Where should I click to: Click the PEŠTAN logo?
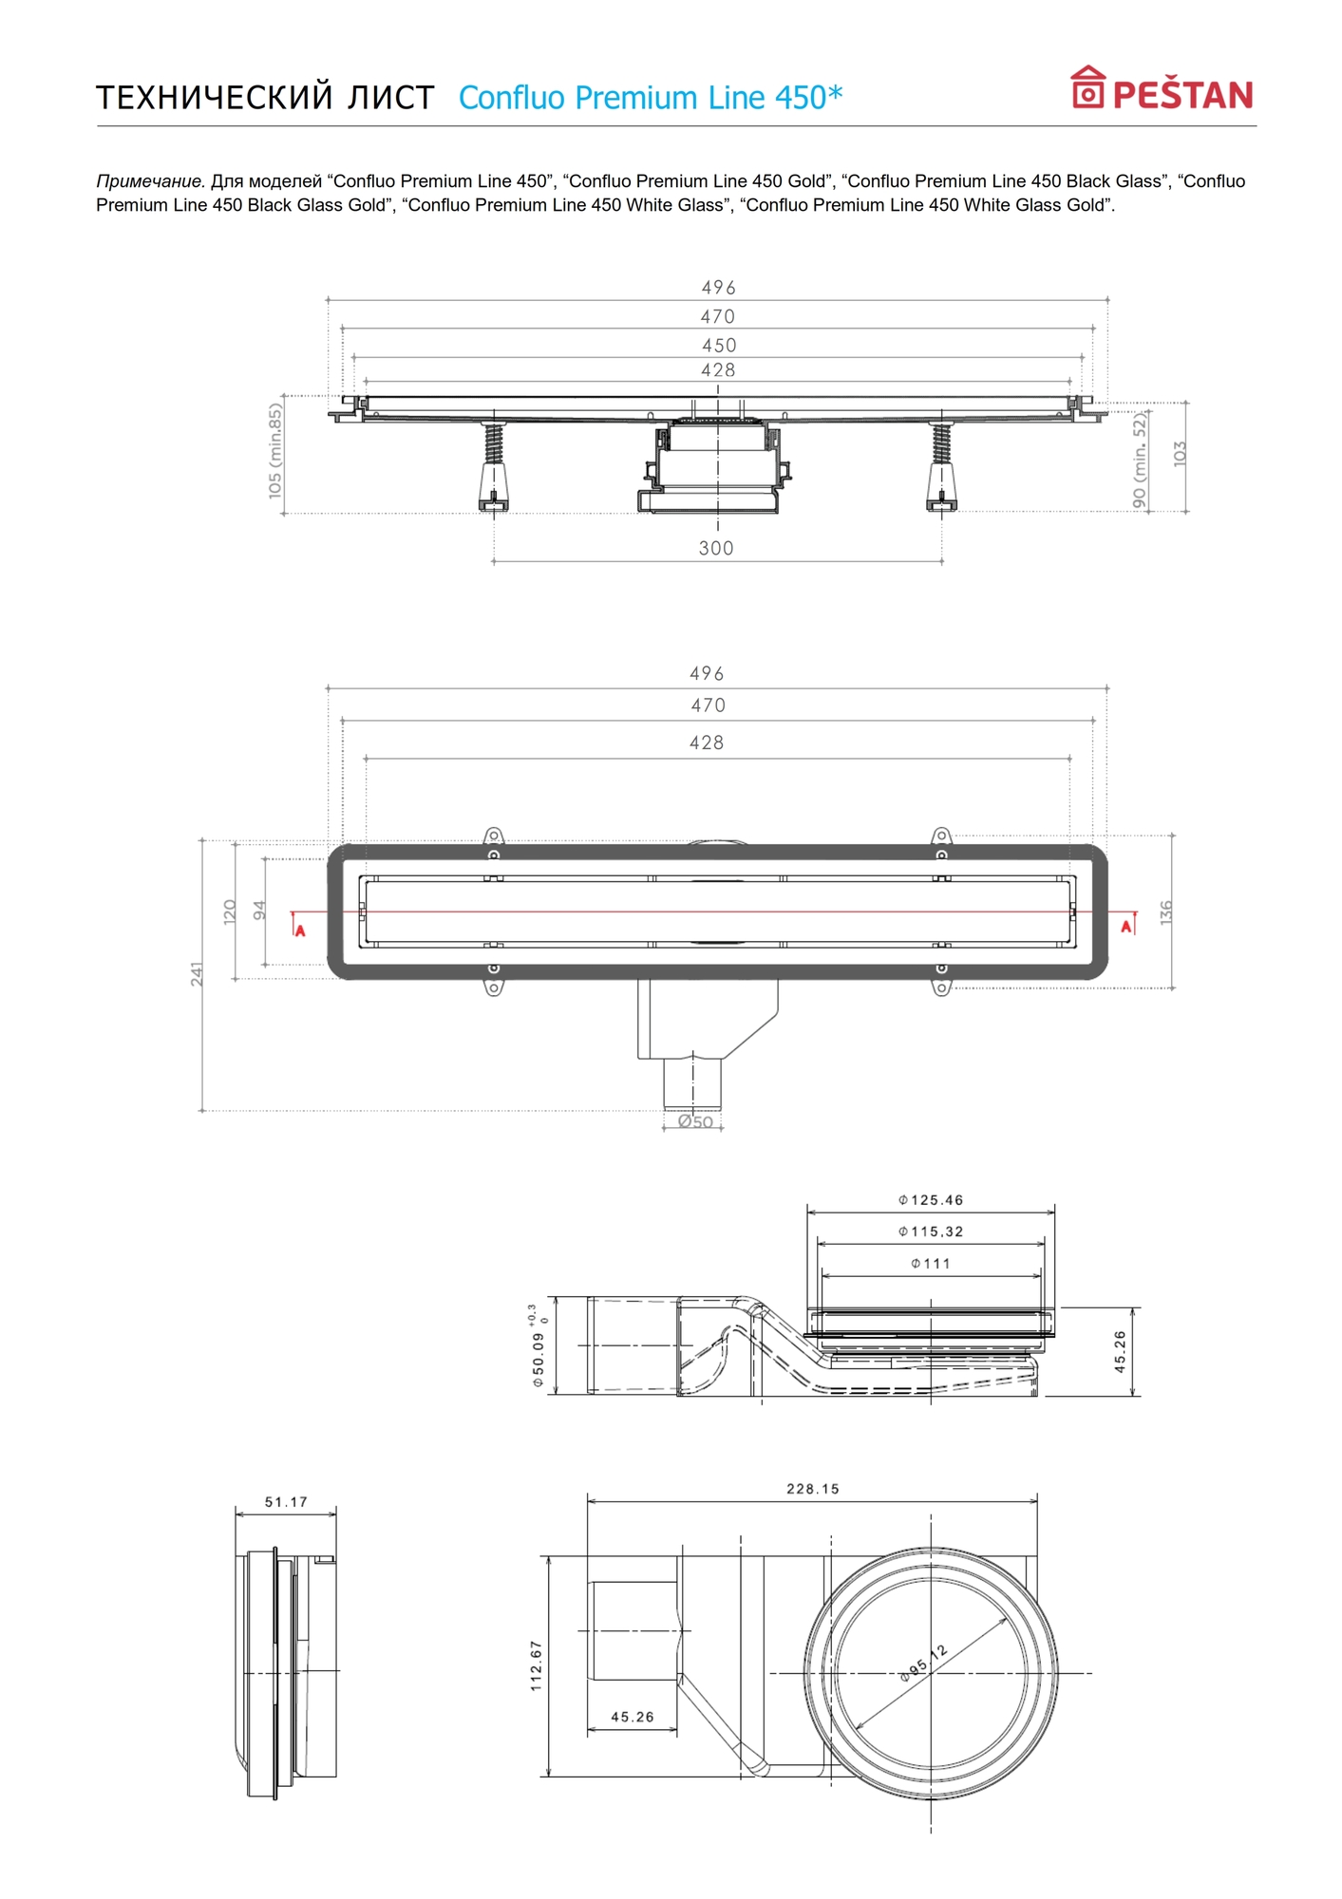[1162, 89]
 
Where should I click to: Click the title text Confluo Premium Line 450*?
[651, 98]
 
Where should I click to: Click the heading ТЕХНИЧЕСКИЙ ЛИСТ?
[265, 98]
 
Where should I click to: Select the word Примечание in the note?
[150, 181]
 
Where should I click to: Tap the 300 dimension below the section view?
[716, 548]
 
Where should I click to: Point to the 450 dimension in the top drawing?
[719, 346]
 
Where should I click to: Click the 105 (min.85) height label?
[275, 451]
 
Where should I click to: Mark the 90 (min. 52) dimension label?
[1140, 460]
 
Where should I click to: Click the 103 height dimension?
[1180, 453]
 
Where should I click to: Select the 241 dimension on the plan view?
[197, 973]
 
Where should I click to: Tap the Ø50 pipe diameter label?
[695, 1122]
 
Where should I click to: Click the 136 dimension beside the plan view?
[1166, 912]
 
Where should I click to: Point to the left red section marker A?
[299, 930]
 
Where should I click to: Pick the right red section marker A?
[1127, 926]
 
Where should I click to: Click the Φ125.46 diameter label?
[931, 1200]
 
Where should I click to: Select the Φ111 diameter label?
[931, 1264]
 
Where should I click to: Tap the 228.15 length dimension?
[813, 1489]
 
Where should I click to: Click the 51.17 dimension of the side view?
[286, 1502]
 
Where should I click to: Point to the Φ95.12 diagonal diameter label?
[923, 1664]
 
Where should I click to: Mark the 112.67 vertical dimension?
[537, 1665]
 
